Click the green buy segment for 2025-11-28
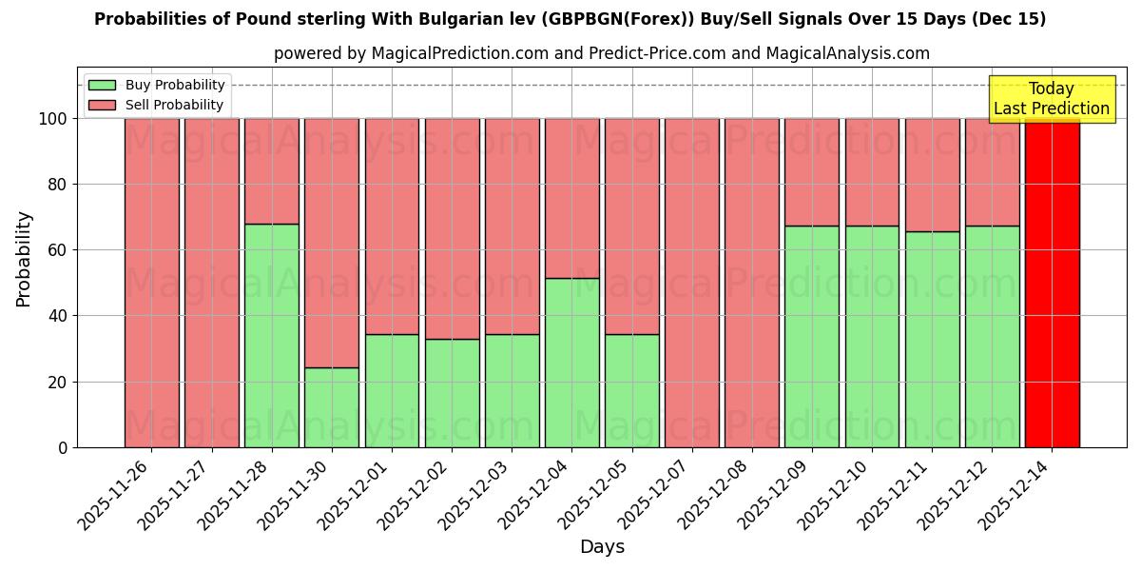(272, 335)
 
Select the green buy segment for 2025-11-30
(332, 407)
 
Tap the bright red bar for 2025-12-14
(1052, 283)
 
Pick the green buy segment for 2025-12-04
(571, 363)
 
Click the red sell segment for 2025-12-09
(812, 171)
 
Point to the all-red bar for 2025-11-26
(152, 283)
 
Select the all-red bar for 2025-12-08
(752, 283)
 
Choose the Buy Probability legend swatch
(103, 86)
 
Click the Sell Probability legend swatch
(103, 106)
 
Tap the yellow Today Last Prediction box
(1051, 99)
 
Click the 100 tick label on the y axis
(52, 119)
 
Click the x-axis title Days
(602, 547)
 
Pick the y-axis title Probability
(24, 259)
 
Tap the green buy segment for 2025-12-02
(452, 393)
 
